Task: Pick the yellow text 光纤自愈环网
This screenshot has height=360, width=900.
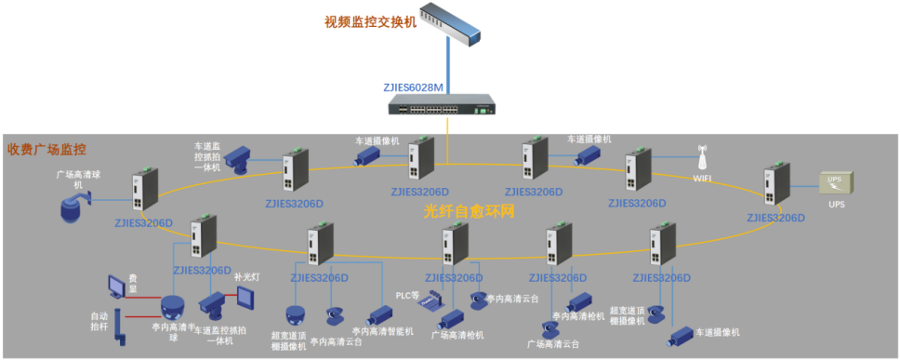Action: coord(469,211)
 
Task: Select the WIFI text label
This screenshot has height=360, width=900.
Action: coord(704,177)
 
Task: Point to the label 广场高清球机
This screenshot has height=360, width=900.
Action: coord(76,179)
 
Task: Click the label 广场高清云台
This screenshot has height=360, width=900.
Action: coord(553,344)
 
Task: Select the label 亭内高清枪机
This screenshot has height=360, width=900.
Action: coord(577,316)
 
